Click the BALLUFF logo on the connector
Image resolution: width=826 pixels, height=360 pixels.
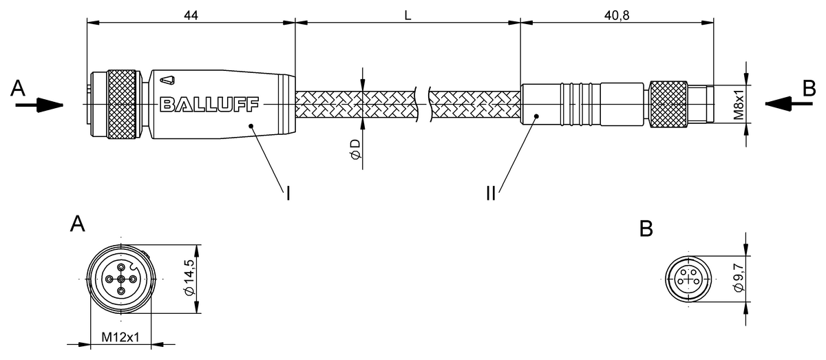point(209,105)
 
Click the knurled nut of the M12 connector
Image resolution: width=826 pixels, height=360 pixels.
point(125,104)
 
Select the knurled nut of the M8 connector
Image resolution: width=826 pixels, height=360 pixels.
point(668,104)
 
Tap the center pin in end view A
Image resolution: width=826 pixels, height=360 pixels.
point(120,279)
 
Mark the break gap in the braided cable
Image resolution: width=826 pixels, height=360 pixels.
point(423,104)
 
